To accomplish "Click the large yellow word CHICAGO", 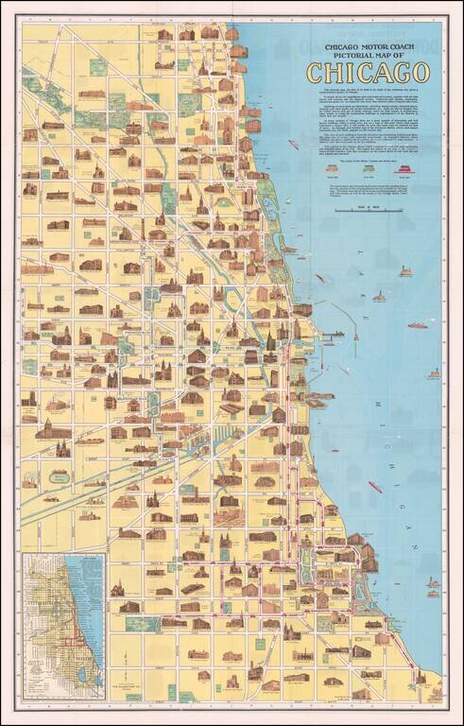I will click(x=368, y=72).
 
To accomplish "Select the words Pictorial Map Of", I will click(x=368, y=55).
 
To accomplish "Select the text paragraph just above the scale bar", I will click(x=368, y=189).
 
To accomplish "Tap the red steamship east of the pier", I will click(x=417, y=326).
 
